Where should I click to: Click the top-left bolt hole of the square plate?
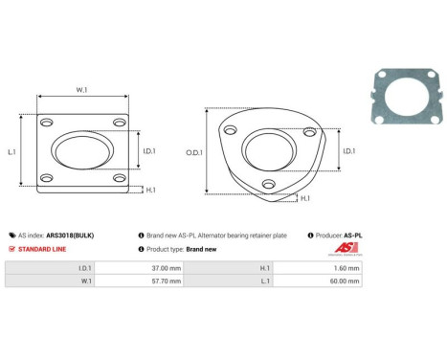pyautogui.click(x=46, y=124)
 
